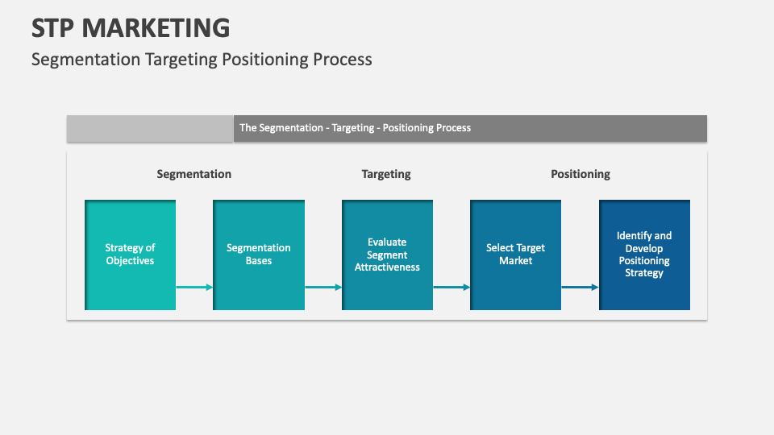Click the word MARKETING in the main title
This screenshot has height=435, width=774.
coord(156,27)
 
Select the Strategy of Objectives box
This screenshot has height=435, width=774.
coord(130,255)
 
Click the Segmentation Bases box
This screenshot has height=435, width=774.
coord(259,255)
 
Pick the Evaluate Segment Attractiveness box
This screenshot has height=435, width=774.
coord(387,255)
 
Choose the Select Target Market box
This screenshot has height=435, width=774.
coord(515,255)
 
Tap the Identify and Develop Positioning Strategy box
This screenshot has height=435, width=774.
coord(644,255)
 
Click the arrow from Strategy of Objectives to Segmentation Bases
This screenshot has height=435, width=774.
coord(194,287)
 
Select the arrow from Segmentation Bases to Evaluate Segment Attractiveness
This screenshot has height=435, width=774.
coord(323,287)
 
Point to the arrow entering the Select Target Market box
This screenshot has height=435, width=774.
coord(451,287)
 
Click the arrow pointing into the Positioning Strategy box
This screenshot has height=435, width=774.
coord(580,287)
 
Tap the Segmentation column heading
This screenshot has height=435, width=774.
coord(193,174)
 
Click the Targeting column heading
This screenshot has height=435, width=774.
coord(386,174)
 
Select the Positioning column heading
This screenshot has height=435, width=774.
coord(580,174)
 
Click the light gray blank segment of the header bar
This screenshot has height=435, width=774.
coord(150,128)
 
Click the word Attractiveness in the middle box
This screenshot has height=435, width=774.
coord(387,267)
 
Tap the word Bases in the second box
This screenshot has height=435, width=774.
coord(259,261)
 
